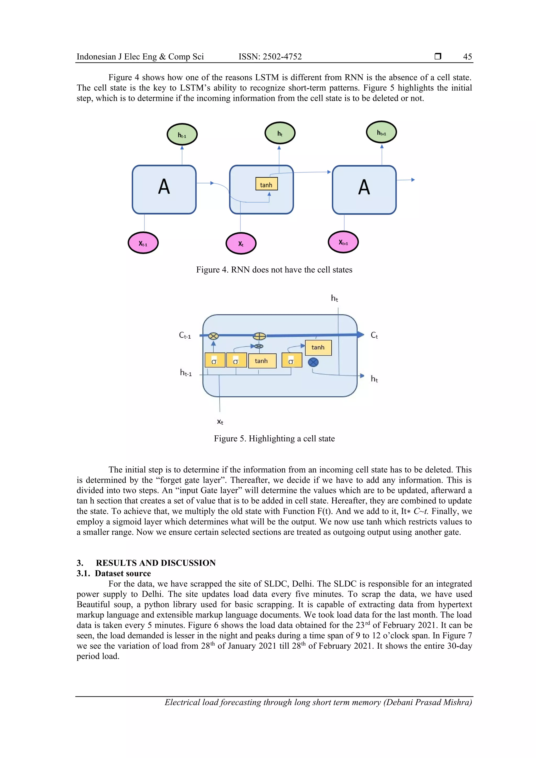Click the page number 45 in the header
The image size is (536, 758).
point(467,57)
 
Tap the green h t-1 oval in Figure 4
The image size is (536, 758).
point(182,135)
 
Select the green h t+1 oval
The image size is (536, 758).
point(381,132)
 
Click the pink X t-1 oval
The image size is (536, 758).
point(143,243)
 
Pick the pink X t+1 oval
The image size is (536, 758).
point(343,242)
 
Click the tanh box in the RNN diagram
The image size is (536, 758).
point(266,184)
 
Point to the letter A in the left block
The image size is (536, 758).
point(164,187)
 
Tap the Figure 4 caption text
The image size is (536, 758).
point(274,270)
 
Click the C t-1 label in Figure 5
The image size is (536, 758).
point(185,335)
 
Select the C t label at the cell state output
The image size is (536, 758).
point(374,335)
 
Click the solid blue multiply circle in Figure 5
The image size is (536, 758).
point(313,362)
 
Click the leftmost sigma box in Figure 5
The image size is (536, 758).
point(215,360)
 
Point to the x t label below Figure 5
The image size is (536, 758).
point(220,422)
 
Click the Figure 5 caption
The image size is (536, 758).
point(274,439)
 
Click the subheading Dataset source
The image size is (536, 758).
point(122,574)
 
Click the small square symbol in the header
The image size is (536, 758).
point(438,57)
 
